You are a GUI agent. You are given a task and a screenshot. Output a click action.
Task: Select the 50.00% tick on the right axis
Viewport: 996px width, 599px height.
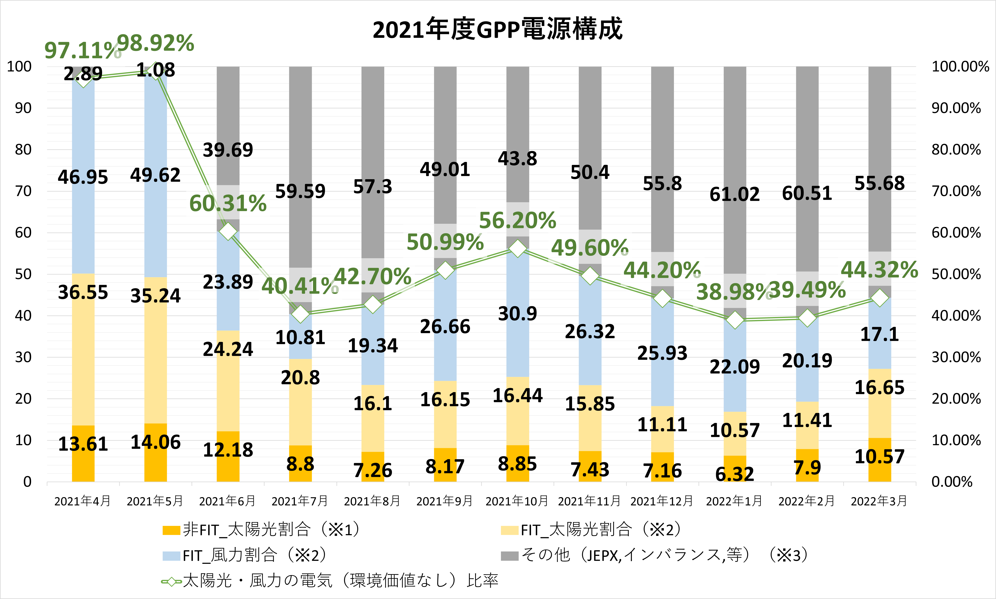point(956,274)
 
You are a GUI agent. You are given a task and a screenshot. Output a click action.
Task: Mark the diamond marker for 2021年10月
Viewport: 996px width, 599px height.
point(517,249)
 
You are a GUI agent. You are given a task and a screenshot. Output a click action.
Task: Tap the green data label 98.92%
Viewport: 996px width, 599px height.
point(155,43)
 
